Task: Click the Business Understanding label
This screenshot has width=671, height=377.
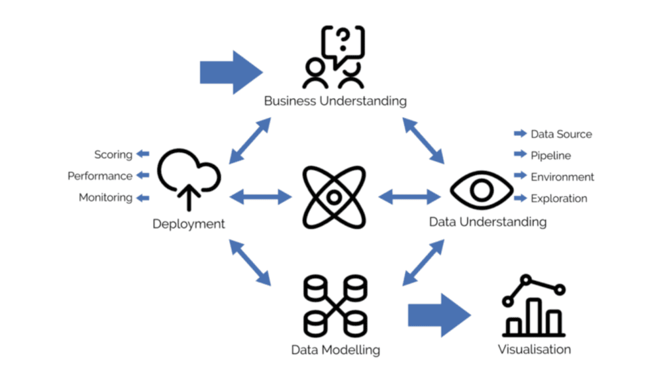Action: (335, 101)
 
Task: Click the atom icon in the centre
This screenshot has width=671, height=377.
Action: (335, 196)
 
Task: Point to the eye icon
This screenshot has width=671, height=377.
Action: (482, 190)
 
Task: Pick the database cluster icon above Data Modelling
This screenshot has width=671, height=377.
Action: (335, 305)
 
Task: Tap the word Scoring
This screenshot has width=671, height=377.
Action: (113, 154)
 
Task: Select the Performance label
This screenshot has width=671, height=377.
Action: (100, 176)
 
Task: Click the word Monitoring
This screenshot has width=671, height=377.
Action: (105, 198)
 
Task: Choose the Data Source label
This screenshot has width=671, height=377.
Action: (561, 134)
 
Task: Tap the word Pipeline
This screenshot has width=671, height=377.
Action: (550, 156)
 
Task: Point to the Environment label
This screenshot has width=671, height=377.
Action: (562, 177)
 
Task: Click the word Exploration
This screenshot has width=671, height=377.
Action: (558, 198)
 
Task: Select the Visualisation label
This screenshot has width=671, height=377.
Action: (534, 349)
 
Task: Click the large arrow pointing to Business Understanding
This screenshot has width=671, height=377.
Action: (230, 71)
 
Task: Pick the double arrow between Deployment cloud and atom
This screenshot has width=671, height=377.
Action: (261, 195)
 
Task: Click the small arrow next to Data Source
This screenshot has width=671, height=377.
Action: (520, 134)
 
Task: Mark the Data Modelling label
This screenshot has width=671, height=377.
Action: (335, 350)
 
